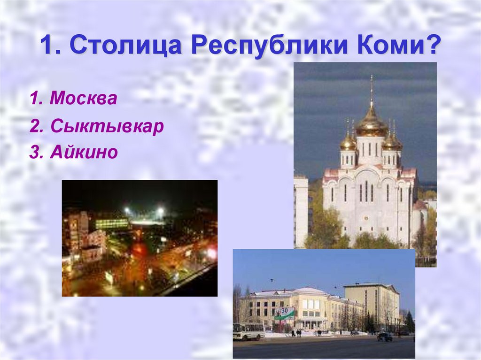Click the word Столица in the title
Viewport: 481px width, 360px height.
(126, 47)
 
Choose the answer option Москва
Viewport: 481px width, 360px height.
(83, 99)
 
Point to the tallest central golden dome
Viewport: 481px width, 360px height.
(371, 123)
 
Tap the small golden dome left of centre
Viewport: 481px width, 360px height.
(348, 142)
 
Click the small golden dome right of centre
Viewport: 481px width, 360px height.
(391, 142)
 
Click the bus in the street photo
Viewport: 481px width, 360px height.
(248, 331)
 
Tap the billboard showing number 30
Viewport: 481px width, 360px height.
(285, 313)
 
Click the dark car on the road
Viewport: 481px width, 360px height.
(384, 337)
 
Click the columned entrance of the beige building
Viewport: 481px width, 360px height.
(310, 323)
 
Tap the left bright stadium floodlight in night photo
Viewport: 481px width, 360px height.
(127, 211)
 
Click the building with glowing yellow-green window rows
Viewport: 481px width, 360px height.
(112, 223)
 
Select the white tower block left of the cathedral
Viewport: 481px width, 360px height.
(301, 211)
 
